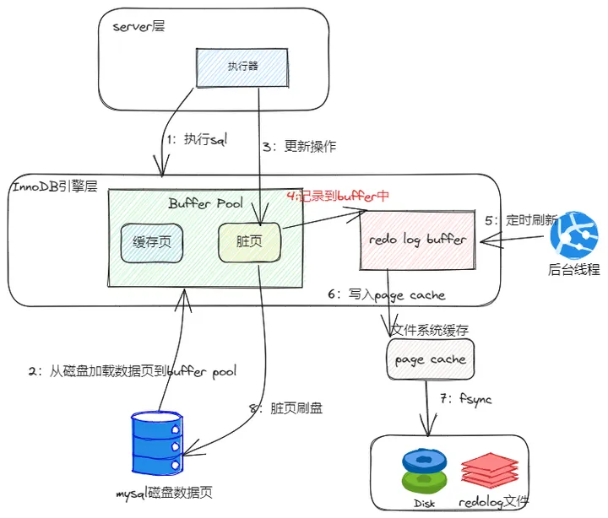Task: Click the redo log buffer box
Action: (417, 240)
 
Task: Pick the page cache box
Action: (431, 359)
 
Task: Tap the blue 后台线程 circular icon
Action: (573, 235)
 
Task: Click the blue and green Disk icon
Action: (424, 470)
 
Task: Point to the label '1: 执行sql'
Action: (194, 139)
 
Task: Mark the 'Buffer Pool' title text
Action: (205, 203)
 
